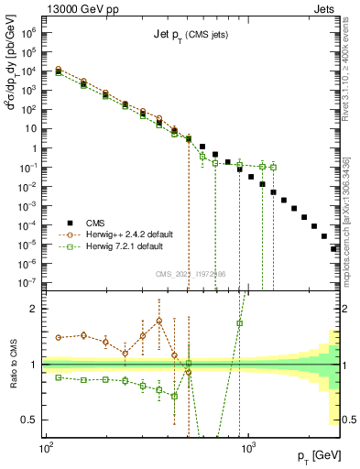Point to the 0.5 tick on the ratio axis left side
click(33, 420)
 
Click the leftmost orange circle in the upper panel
click(59, 70)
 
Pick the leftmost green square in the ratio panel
click(59, 376)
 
